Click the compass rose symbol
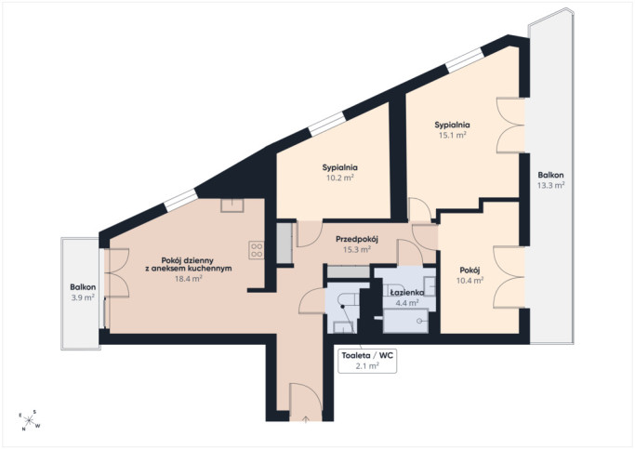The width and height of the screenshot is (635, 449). [30, 421]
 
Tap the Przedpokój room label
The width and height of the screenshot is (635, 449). [357, 239]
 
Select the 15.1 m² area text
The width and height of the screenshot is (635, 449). [453, 135]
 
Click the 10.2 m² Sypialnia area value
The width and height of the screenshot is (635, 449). [340, 178]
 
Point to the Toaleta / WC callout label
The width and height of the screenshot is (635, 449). [367, 355]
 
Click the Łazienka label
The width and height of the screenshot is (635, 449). [406, 292]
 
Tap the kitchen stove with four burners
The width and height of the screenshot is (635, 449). [257, 250]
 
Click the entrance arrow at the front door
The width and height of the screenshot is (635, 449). [306, 419]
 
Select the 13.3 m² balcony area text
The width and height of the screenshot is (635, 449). [550, 185]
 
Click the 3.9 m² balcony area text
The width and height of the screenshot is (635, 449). [83, 297]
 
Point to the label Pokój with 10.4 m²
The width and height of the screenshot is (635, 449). [470, 270]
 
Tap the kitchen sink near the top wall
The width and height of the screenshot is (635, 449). [232, 205]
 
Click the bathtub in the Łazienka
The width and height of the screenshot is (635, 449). [405, 321]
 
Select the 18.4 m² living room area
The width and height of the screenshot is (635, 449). [189, 279]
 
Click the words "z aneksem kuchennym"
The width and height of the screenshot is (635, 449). [189, 269]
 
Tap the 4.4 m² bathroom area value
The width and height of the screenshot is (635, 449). [406, 302]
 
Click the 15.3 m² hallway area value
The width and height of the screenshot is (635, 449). [357, 249]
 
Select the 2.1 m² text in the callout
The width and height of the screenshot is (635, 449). [367, 366]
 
